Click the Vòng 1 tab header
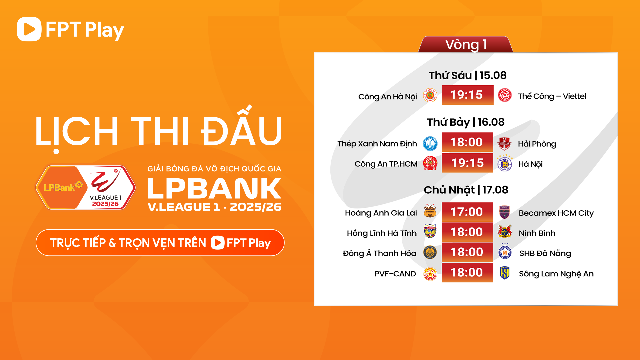coord(466,45)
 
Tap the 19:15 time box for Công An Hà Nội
coord(467,95)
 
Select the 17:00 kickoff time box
coord(467,212)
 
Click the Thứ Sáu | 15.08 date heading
coord(467,75)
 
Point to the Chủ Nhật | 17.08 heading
coord(466,190)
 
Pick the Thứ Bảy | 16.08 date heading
coord(466,122)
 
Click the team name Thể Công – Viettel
coord(552,96)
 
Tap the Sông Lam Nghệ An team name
coord(556,274)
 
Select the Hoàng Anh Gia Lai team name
coord(381,213)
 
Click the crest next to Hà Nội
coord(505,164)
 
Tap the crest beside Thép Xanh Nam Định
coord(430,144)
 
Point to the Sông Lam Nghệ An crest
coord(505,273)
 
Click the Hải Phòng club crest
coord(504,144)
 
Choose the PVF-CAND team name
coord(395,274)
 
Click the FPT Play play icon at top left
coord(29,29)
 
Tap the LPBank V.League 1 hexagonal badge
coord(86,188)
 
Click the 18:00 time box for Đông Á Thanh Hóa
coord(467,252)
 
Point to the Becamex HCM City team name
coord(556,213)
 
